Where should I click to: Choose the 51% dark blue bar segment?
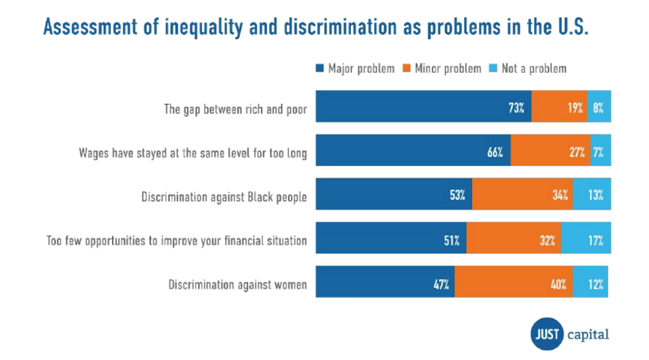pos(391,240)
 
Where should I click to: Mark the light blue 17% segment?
pos(586,240)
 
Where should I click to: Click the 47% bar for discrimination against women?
pos(385,283)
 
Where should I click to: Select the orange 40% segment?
pos(514,283)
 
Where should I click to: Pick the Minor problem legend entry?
pos(442,68)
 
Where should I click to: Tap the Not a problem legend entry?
pos(528,68)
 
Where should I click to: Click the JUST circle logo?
pos(547,334)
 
